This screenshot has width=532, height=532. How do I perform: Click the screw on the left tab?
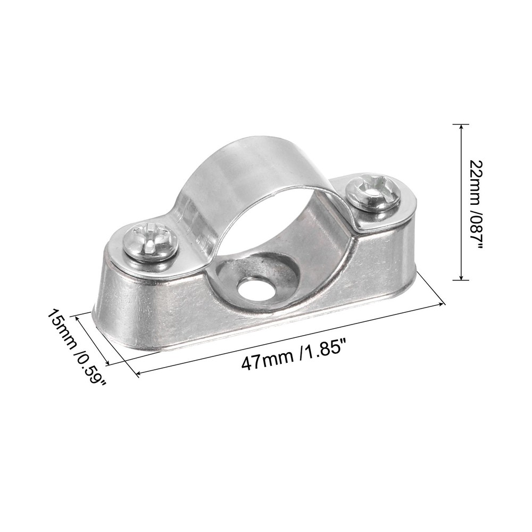pos(149,243)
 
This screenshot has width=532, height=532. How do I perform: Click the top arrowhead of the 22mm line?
pos(461,127)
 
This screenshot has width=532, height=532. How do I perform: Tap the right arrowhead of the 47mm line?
pos(442,304)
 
